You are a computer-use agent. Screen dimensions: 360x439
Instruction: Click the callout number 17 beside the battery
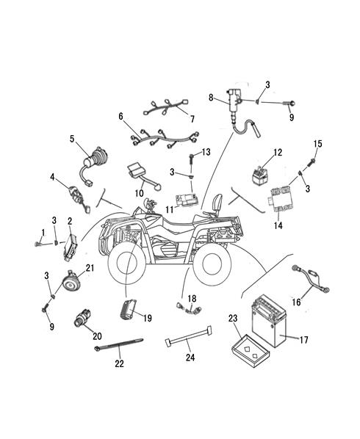(304, 340)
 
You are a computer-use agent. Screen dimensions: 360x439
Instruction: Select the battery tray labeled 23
(251, 351)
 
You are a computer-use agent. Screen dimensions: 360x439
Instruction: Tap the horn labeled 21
(71, 281)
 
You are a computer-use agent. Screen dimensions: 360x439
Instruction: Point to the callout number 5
(72, 138)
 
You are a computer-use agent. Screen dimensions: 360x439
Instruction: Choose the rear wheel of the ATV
(212, 263)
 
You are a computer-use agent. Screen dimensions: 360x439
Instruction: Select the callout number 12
(278, 153)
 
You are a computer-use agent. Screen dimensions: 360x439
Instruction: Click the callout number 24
(190, 358)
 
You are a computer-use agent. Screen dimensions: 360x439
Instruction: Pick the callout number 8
(211, 98)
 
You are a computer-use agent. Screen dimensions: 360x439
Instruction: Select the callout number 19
(148, 318)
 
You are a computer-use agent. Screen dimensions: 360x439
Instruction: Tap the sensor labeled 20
(82, 318)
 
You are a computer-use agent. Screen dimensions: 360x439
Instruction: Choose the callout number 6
(120, 116)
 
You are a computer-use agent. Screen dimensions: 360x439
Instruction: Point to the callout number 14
(278, 225)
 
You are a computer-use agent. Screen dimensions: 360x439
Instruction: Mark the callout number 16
(296, 302)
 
